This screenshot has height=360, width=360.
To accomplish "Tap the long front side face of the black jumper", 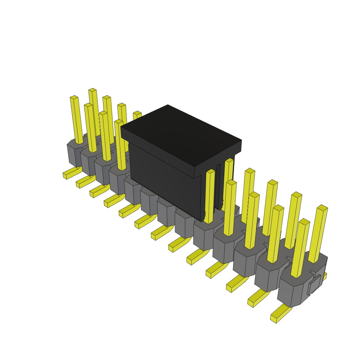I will [x=165, y=179].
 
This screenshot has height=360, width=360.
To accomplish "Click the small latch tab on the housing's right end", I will [x=314, y=285].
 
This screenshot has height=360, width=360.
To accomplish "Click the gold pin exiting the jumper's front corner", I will [x=210, y=197].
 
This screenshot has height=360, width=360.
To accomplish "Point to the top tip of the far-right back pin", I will [x=322, y=207].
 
